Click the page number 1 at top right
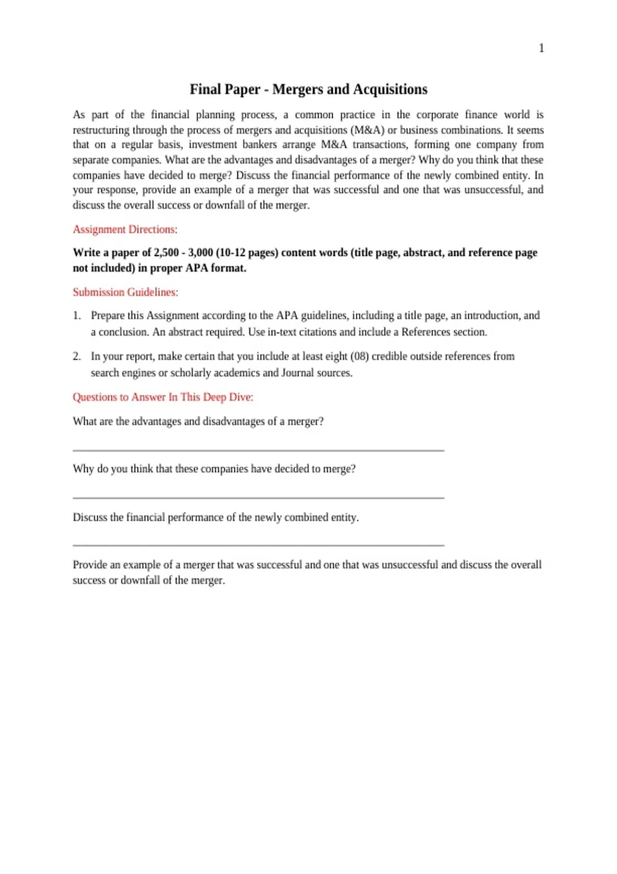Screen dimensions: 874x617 (x=541, y=48)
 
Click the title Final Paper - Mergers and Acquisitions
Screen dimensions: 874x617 (x=308, y=89)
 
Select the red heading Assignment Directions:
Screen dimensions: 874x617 (x=125, y=229)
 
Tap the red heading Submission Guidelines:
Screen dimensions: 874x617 (x=125, y=292)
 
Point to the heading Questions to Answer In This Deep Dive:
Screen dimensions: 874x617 (x=163, y=397)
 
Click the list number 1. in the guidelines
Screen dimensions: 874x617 (x=77, y=315)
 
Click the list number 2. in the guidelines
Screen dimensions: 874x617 (x=77, y=356)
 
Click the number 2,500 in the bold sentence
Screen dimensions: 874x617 (x=166, y=252)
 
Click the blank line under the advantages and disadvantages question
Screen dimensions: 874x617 (x=258, y=450)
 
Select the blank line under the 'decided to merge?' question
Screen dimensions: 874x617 (x=258, y=498)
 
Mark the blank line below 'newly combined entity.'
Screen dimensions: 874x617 (x=258, y=545)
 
